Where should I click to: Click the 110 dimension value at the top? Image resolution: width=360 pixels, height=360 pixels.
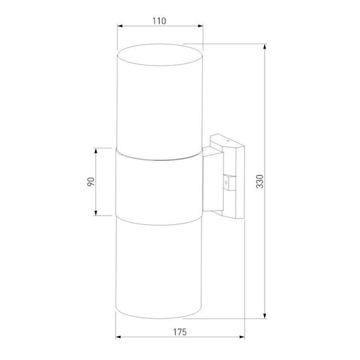(159, 20)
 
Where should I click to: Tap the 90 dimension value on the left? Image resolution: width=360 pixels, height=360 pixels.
(91, 181)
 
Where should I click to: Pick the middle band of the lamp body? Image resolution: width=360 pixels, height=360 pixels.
(160, 186)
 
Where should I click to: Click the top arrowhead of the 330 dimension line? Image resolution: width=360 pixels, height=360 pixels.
(264, 46)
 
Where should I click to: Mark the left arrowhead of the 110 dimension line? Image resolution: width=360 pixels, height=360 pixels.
(120, 27)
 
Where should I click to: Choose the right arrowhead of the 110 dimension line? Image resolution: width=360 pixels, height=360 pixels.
(202, 27)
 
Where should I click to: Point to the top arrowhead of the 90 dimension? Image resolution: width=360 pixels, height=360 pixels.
(95, 150)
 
